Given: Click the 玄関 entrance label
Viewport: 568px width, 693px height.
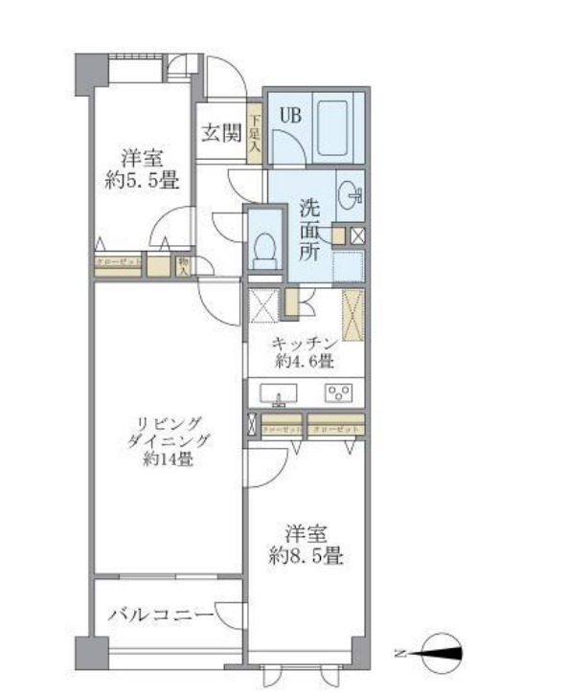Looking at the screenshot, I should click(x=220, y=133).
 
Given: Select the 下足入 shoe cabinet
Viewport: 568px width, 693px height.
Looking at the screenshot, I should click(x=255, y=133).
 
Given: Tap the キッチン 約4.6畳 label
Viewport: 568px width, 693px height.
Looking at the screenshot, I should click(x=306, y=352).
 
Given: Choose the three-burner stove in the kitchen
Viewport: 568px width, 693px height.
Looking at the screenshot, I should click(x=338, y=392).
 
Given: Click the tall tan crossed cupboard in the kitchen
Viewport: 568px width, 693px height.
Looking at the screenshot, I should click(x=352, y=314).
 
